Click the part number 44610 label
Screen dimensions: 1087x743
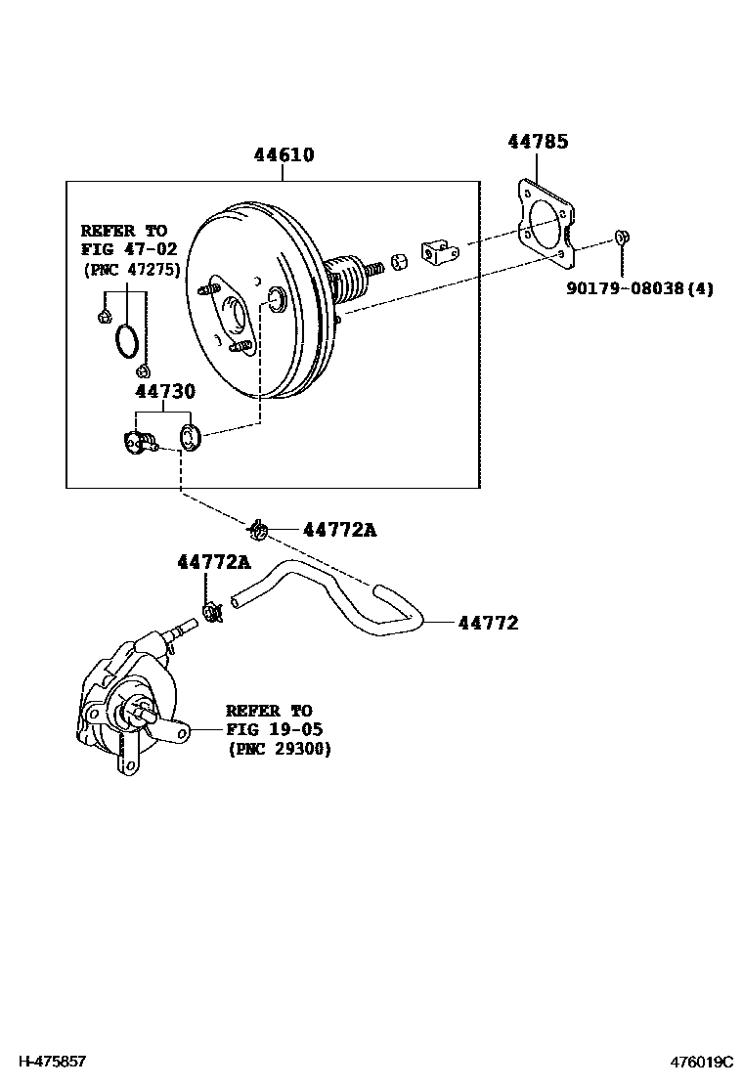284,155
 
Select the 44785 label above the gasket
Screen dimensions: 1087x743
537,142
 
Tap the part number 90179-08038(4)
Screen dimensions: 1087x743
639,289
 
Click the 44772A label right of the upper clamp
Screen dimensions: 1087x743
339,530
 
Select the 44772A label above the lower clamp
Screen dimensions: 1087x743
213,562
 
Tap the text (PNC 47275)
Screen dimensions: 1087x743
130,269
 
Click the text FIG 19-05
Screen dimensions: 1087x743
274,729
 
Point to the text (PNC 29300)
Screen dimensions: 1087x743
280,749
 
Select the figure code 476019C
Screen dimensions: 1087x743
700,1062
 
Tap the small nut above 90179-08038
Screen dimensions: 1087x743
621,238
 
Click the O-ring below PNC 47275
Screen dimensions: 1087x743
126,341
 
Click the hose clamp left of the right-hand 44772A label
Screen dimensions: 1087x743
259,530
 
